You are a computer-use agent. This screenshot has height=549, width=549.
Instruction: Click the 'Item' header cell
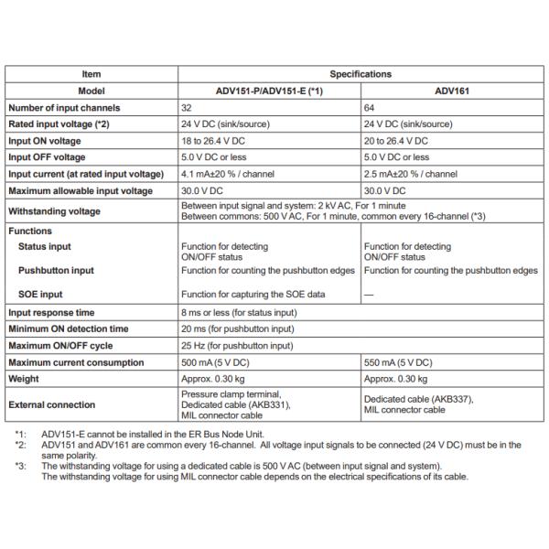(91, 74)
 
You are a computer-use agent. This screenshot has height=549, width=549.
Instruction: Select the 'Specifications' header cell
(361, 74)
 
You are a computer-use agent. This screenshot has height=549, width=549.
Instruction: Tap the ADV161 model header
(452, 91)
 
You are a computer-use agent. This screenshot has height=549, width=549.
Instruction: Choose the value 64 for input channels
(370, 108)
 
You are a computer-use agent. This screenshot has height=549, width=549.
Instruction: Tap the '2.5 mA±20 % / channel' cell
(411, 174)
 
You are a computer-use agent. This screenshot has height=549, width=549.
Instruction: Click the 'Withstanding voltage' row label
(56, 210)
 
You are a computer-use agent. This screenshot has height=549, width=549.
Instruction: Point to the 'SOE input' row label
(40, 295)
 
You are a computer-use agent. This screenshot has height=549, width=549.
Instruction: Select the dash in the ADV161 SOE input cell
(369, 295)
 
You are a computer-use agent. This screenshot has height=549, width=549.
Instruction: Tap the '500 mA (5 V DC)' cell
(218, 362)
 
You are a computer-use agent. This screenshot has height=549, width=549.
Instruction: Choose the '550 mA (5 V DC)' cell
(399, 362)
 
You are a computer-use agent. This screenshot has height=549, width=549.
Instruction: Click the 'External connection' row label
(51, 404)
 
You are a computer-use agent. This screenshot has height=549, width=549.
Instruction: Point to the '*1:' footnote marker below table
(20, 433)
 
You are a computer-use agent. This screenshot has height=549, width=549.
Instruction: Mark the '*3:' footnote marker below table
(20, 467)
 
